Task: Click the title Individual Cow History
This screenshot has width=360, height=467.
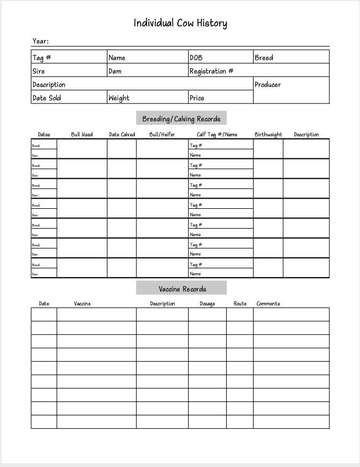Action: click(180, 23)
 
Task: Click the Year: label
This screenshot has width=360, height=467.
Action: click(40, 41)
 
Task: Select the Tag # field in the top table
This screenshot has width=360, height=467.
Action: click(41, 57)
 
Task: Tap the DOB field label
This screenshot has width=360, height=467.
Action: click(196, 57)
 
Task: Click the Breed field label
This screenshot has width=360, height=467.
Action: click(264, 57)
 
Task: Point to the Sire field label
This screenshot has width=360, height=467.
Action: click(39, 71)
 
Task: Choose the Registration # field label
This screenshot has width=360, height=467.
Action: click(211, 71)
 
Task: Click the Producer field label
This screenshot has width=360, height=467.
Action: click(268, 84)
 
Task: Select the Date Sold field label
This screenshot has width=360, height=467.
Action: click(47, 98)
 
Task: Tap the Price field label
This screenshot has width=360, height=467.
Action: click(197, 98)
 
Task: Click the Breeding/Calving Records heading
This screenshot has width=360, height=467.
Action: click(181, 119)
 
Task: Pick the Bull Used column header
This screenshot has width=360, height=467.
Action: click(82, 135)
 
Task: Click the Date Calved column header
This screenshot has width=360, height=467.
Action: click(122, 135)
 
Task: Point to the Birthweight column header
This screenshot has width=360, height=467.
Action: click(268, 135)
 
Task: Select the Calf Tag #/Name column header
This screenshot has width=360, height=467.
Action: click(217, 135)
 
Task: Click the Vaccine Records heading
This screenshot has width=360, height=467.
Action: click(182, 289)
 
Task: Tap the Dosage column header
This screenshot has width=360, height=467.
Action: click(207, 304)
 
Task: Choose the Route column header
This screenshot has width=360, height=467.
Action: click(240, 304)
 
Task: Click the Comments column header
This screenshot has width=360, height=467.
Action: click(268, 304)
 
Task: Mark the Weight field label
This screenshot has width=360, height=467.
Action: click(119, 98)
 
